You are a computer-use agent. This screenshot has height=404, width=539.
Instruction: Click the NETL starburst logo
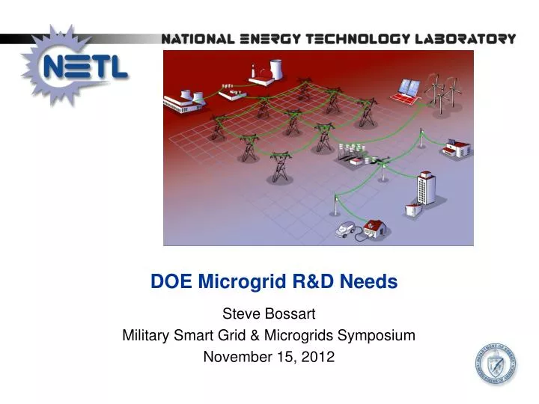[74, 67]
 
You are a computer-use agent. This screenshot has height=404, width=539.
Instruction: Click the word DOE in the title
[168, 282]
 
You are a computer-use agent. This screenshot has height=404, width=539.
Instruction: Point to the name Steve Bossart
[268, 314]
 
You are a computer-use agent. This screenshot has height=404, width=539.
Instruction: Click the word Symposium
[377, 336]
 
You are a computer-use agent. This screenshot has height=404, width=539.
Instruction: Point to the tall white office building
[426, 186]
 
